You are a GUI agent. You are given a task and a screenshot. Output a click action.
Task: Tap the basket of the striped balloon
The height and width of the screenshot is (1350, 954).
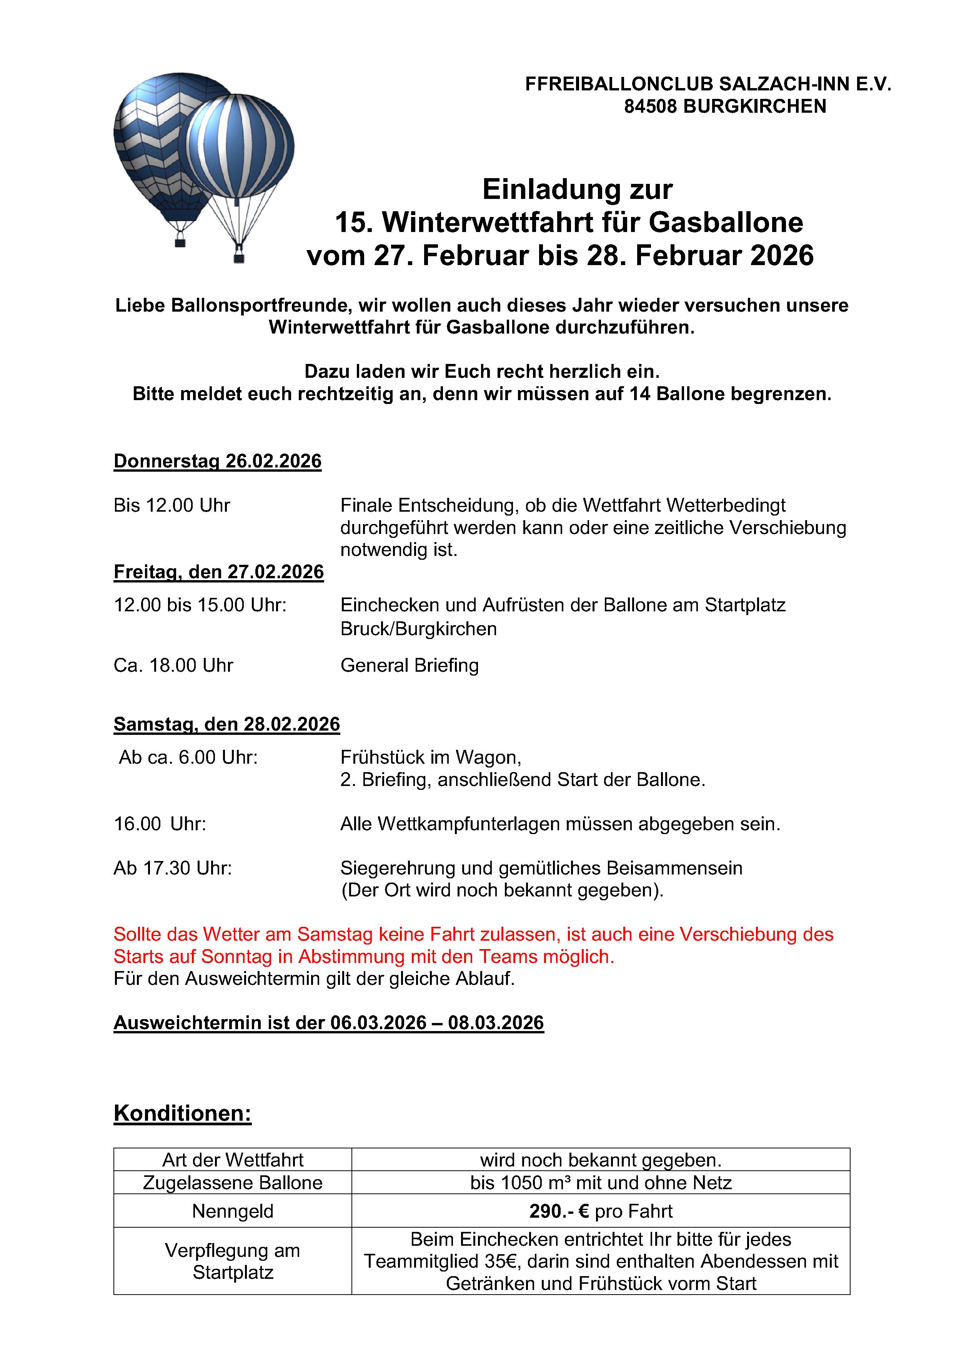(x=239, y=257)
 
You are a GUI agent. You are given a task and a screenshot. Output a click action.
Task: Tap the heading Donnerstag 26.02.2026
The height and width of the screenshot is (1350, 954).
(x=218, y=461)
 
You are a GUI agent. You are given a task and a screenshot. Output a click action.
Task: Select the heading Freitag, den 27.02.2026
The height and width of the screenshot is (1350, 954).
(x=219, y=572)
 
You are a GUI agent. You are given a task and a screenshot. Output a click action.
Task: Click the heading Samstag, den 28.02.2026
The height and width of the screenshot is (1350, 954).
(x=226, y=724)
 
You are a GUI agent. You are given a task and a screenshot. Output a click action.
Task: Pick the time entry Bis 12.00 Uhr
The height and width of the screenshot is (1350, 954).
(x=171, y=505)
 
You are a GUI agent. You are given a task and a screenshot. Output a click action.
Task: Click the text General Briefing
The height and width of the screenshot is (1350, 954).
(x=409, y=665)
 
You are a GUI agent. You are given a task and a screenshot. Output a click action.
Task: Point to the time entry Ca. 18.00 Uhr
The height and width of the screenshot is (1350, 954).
(x=173, y=665)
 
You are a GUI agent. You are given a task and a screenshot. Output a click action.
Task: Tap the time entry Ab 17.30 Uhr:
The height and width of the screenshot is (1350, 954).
(x=173, y=868)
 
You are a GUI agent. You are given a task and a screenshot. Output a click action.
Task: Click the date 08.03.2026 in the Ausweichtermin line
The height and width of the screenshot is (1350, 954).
(x=496, y=1023)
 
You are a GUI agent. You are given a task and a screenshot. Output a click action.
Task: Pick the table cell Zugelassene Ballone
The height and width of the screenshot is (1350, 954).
(x=233, y=1182)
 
